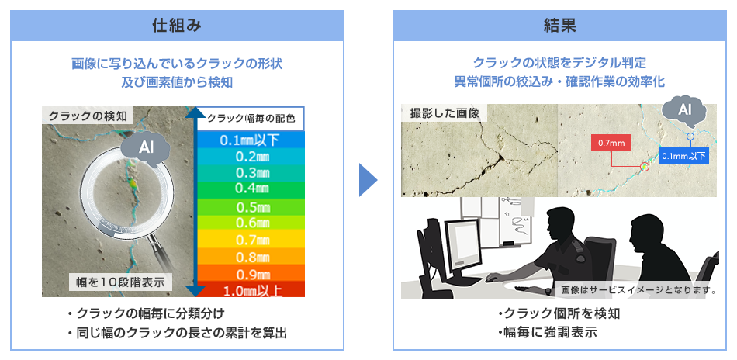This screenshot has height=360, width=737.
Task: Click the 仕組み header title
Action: pyautogui.click(x=177, y=26)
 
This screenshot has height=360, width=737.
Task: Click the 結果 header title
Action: pyautogui.click(x=559, y=26)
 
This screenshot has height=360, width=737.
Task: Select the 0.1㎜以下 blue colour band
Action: pyautogui.click(x=251, y=140)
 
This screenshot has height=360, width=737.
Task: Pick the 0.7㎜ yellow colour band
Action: pyautogui.click(x=251, y=241)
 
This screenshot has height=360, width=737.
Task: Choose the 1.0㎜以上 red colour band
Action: pyautogui.click(x=251, y=289)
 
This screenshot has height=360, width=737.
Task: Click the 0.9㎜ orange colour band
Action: pyautogui.click(x=251, y=273)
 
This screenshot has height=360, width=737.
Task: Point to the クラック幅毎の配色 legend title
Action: pyautogui.click(x=251, y=119)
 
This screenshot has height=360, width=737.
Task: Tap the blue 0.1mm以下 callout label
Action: pyautogui.click(x=684, y=155)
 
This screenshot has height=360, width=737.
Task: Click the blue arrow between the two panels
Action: pyautogui.click(x=368, y=179)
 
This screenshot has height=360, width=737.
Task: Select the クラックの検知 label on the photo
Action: pyautogui.click(x=87, y=115)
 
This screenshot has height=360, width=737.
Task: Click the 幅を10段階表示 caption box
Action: pyautogui.click(x=121, y=282)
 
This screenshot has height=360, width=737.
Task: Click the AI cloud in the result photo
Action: pyautogui.click(x=684, y=112)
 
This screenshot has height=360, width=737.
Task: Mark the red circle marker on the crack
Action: pyautogui.click(x=645, y=166)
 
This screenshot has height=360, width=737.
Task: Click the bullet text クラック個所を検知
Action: pyautogui.click(x=559, y=313)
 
